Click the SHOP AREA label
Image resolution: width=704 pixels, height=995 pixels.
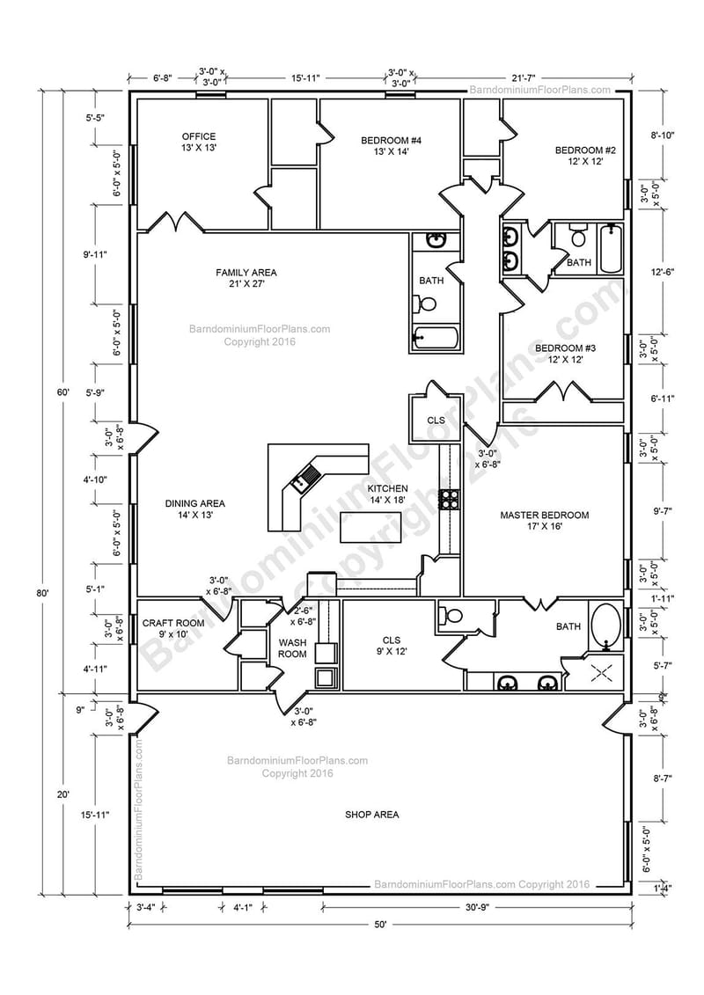[x=371, y=814]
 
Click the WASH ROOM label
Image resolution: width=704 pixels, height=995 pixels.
[x=292, y=648]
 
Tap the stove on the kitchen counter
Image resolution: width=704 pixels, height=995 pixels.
[x=450, y=499]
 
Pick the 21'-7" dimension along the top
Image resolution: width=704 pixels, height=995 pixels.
[x=543, y=77]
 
